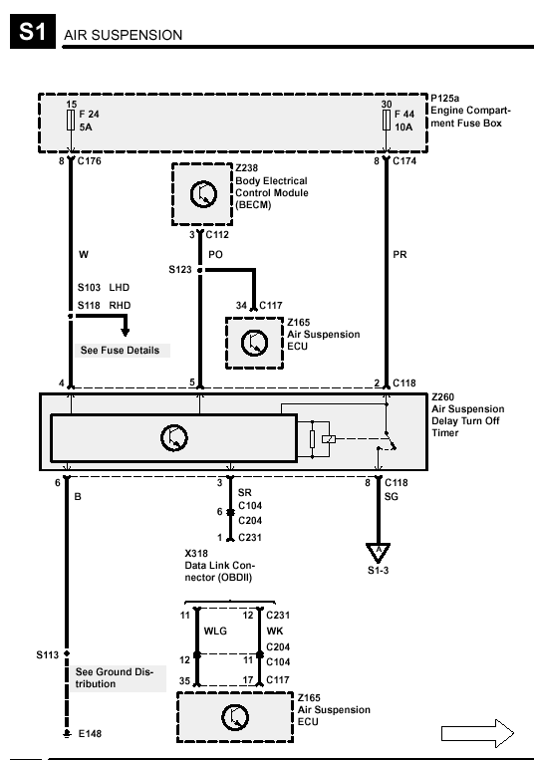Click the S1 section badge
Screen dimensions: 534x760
[33, 32]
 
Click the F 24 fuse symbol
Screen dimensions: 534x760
[71, 120]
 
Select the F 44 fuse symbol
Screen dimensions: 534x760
[387, 120]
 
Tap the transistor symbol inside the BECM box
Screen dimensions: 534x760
[203, 194]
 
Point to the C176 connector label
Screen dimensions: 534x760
[89, 161]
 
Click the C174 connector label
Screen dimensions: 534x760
[404, 161]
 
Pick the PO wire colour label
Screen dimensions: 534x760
[215, 254]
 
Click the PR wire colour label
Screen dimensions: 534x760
[400, 254]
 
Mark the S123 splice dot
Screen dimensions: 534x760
[200, 270]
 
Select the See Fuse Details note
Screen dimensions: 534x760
[121, 350]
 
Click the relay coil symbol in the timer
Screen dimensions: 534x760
[329, 439]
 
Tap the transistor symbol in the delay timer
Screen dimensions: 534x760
[174, 437]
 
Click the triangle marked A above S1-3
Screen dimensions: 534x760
[378, 553]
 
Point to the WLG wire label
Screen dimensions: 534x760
[215, 632]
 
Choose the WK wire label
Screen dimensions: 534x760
[275, 632]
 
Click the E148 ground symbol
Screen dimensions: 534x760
[67, 734]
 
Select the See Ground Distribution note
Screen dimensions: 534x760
[115, 677]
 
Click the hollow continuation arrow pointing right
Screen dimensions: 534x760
[477, 734]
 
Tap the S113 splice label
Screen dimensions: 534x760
[47, 655]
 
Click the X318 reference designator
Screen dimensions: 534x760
[196, 554]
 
